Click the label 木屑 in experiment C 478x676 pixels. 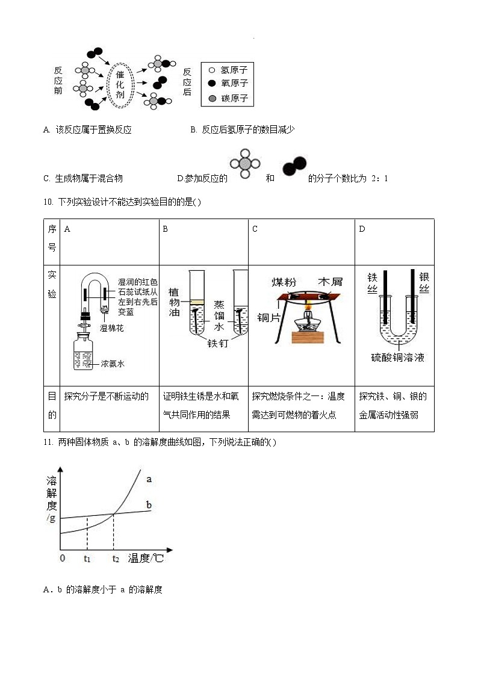[330, 282]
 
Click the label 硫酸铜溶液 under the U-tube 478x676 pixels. [397, 358]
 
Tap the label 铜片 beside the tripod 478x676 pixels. [268, 317]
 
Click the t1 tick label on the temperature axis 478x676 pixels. [87, 559]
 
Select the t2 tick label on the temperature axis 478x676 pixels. [116, 559]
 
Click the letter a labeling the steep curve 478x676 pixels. [148, 479]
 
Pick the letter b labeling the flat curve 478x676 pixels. [149, 504]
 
